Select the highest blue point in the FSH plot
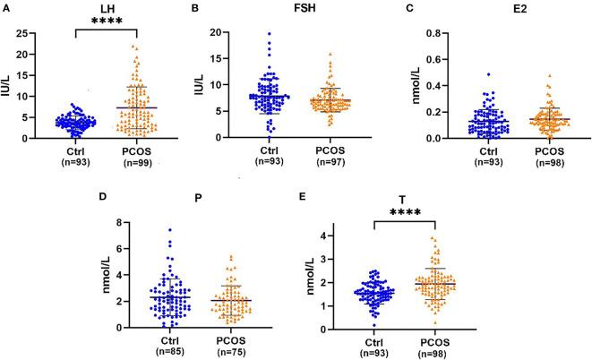point(270,34)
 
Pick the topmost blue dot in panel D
point(73,230)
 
